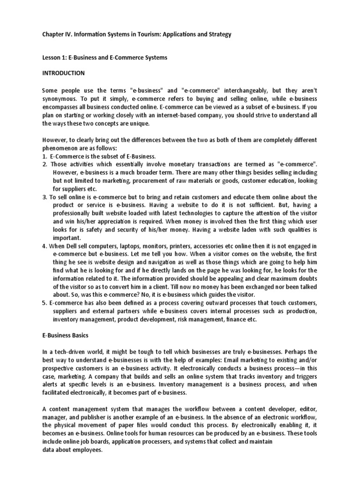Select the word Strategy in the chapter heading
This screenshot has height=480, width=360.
pyautogui.click(x=217, y=35)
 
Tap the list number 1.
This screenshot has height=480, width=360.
pyautogui.click(x=44, y=156)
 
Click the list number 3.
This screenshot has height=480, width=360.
pyautogui.click(x=44, y=197)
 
